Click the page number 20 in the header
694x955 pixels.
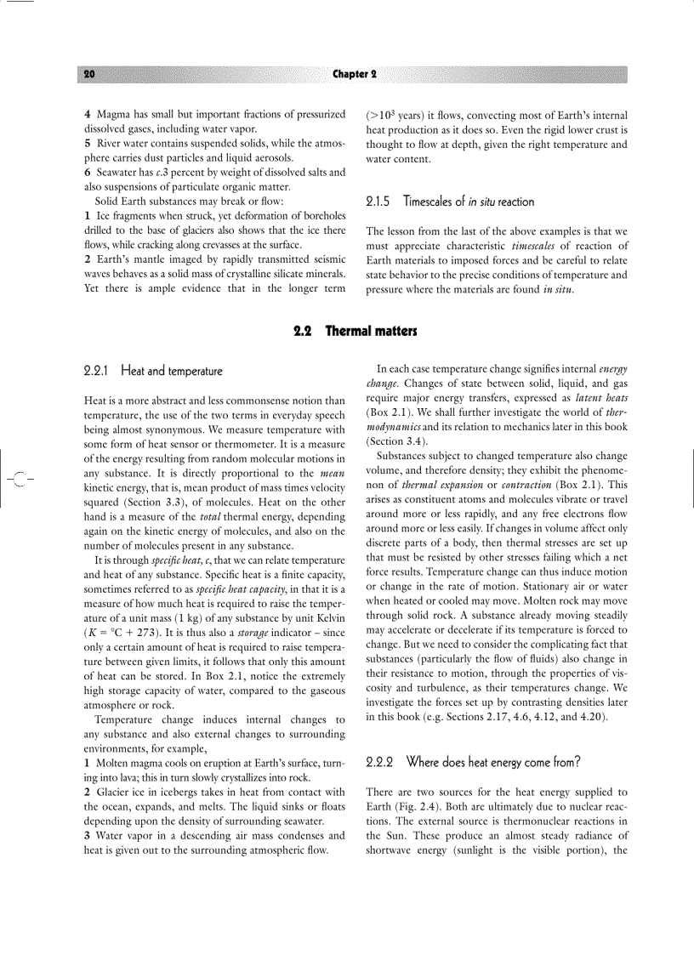89,75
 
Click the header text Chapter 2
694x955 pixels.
355,75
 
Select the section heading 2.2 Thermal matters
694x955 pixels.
355,331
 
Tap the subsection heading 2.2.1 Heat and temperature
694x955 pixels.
153,371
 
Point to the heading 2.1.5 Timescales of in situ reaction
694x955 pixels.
450,202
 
